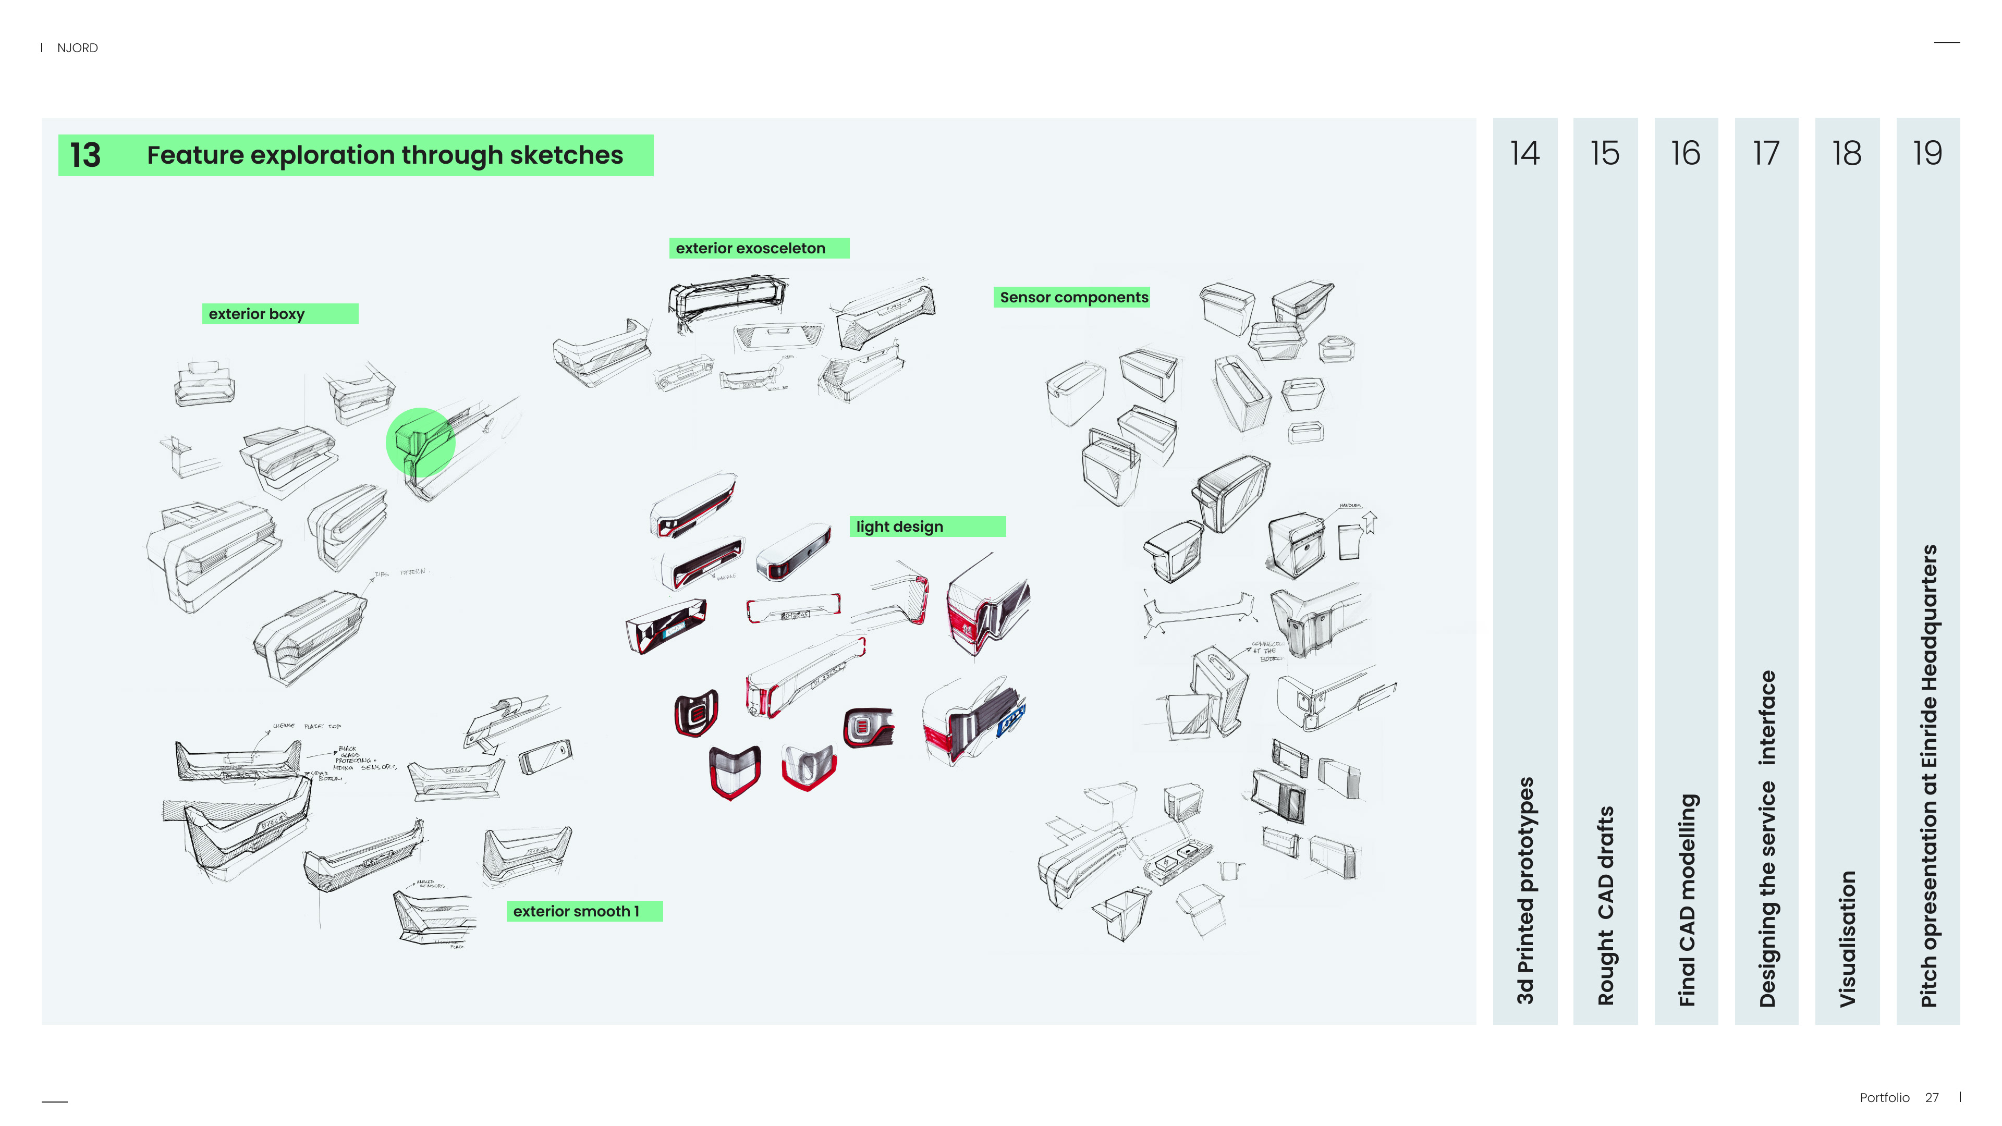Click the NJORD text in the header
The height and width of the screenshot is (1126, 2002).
point(77,48)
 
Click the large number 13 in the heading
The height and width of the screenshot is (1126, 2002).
point(86,155)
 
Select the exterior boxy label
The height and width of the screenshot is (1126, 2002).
point(257,314)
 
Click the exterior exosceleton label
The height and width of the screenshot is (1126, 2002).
point(750,248)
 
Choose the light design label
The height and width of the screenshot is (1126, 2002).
point(899,527)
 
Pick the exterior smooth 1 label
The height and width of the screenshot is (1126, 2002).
point(576,912)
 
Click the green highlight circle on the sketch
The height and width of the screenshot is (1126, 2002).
point(420,442)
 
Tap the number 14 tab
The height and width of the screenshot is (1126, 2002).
point(1524,153)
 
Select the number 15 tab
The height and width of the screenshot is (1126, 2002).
point(1605,153)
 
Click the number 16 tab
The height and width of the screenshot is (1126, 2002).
point(1686,153)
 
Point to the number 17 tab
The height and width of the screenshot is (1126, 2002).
point(1766,153)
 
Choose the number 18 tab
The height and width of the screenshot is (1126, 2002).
point(1847,153)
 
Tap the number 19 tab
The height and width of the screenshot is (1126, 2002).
point(1927,153)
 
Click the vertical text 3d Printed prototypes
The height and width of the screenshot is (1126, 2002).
point(1525,890)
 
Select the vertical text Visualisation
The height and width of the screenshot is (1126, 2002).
point(1847,939)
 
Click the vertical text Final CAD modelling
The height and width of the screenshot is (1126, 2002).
point(1687,900)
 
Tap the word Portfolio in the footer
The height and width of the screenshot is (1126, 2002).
point(1884,1097)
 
